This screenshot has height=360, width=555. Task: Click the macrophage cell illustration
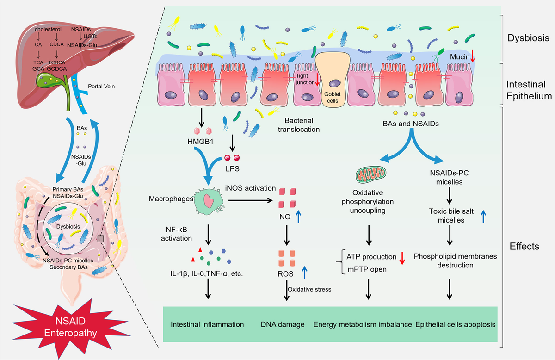tap(209, 201)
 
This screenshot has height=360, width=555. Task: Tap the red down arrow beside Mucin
tap(472, 58)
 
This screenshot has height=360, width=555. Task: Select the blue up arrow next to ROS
tap(304, 273)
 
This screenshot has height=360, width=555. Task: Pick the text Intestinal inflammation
tap(207, 324)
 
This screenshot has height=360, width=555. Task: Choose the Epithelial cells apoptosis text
tap(455, 324)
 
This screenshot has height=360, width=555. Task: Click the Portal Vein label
tap(101, 86)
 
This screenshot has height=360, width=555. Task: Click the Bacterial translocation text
tap(299, 125)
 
